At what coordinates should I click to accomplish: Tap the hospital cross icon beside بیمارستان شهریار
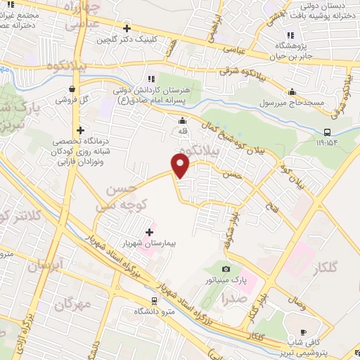point(149,231)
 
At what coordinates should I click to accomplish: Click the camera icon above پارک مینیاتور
point(225,269)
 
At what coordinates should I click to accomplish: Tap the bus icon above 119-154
point(327,132)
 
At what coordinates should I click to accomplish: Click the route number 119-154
point(328,143)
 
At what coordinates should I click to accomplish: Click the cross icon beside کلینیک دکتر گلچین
point(127,29)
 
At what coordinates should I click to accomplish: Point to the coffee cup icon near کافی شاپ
point(303,332)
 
